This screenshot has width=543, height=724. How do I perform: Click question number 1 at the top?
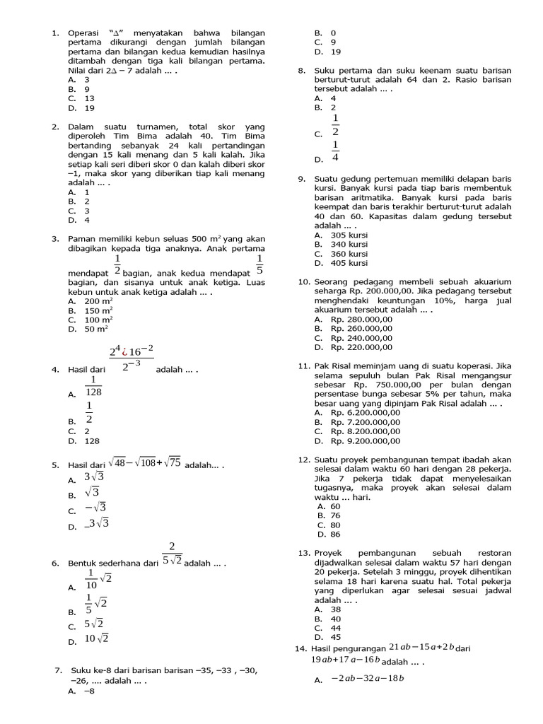click(54, 33)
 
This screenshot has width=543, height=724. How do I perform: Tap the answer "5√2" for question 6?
click(95, 624)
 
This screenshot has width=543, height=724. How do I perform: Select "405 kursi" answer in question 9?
click(349, 263)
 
